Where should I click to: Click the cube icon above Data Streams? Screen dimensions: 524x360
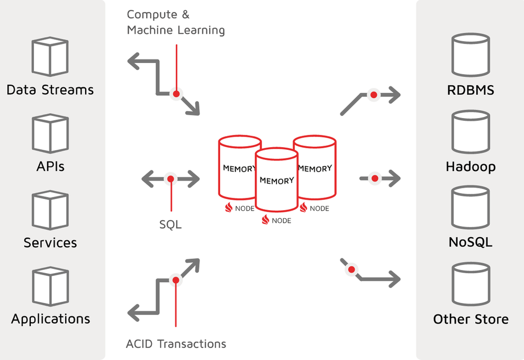coord(50,57)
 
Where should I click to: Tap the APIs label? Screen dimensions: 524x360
coord(50,166)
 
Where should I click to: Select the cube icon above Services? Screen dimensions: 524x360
coord(50,210)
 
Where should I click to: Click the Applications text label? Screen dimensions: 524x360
coord(50,319)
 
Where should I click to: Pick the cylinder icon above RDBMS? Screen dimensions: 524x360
coord(471,55)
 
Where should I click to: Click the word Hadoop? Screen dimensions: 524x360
coord(471,166)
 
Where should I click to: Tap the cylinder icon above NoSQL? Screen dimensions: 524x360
coord(471,207)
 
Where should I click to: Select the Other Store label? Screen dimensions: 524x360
coord(471,319)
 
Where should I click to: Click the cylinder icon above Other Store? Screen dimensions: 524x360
coord(471,284)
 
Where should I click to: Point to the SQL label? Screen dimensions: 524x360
coord(170,224)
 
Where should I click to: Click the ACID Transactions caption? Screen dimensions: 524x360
coord(176,344)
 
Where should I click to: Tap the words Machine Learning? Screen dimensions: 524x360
coord(176,30)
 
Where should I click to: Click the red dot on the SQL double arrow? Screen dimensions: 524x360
coord(171,179)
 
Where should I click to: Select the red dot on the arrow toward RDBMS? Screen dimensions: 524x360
coord(374,95)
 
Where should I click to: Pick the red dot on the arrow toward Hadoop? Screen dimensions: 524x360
coord(375,178)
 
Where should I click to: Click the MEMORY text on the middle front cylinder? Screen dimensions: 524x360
coord(277,181)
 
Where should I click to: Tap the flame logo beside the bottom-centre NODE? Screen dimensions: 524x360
coord(265,220)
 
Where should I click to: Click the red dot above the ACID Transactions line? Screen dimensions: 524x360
coord(176,280)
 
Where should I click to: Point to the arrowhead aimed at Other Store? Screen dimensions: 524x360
coord(394,279)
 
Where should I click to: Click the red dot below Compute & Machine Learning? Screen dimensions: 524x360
coord(176,94)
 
